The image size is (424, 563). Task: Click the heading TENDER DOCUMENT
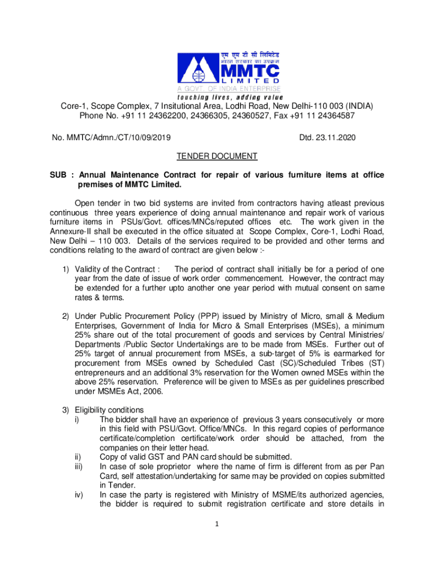(217, 157)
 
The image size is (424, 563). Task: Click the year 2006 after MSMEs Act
(153, 391)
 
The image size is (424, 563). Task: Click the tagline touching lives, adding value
(228, 97)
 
